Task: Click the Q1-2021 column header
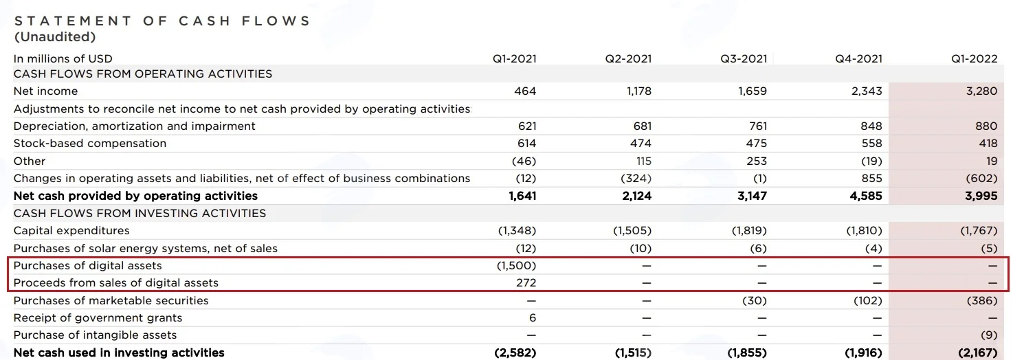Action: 514,59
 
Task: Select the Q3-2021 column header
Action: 744,59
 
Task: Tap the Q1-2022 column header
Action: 974,59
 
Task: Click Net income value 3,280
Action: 981,91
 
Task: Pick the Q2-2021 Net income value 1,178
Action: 639,91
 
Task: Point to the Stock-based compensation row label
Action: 90,144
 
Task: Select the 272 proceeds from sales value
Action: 526,282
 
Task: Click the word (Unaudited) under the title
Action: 55,36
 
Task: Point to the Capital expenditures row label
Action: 71,231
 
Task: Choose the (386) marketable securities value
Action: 982,301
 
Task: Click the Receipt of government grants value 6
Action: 533,318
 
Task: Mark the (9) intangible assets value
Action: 988,335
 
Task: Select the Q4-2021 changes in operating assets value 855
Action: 871,178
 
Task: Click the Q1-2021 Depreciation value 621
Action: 527,126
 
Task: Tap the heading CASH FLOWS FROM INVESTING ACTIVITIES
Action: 140,213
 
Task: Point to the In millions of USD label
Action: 63,59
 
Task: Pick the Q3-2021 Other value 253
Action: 757,161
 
